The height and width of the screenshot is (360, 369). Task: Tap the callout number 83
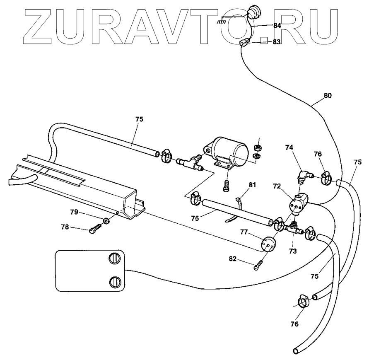(x=276, y=41)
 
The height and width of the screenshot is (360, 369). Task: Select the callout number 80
(x=328, y=95)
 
